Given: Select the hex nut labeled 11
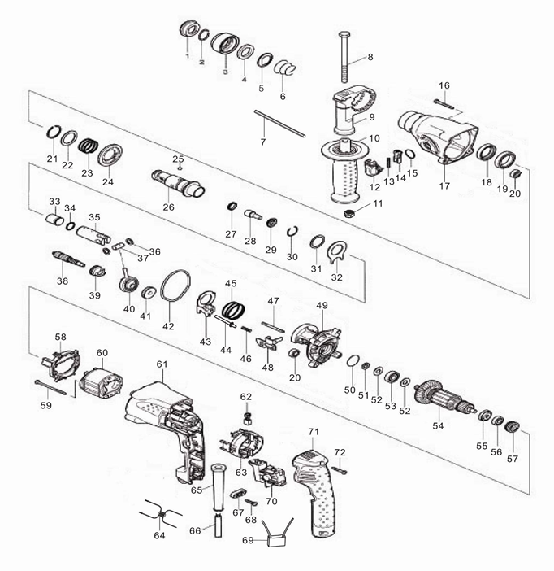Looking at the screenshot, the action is click(x=349, y=213).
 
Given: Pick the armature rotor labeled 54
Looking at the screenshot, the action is click(x=445, y=396).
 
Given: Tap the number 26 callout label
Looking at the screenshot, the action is click(x=168, y=207).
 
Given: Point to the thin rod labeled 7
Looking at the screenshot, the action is click(x=279, y=124).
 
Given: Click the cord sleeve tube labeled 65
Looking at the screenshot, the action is click(x=218, y=487).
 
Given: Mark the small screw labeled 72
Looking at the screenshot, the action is click(x=340, y=470).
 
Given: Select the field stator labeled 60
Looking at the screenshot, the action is click(x=101, y=386).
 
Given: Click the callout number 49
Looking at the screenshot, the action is click(x=322, y=305).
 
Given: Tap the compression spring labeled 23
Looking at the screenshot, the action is click(x=89, y=147).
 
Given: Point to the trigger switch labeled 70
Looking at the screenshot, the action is click(x=268, y=473).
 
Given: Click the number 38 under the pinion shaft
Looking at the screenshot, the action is click(x=63, y=281).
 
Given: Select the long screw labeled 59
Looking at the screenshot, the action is click(x=50, y=388).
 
